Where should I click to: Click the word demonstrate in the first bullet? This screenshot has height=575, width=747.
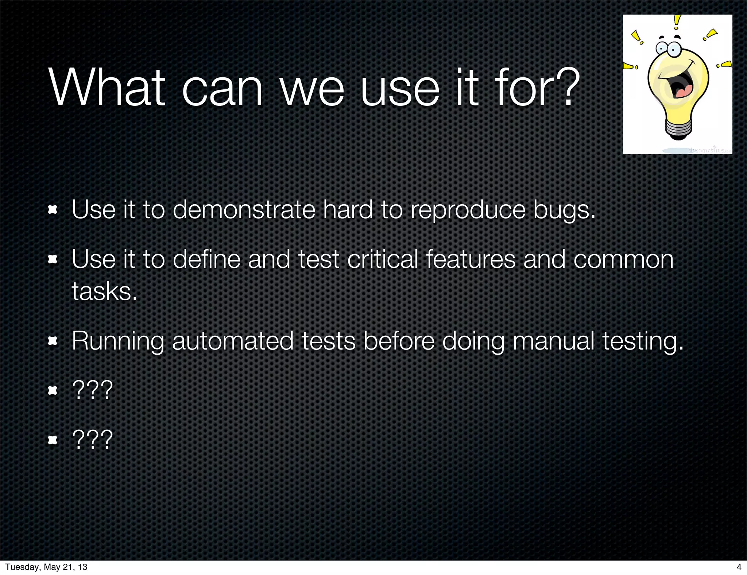244,210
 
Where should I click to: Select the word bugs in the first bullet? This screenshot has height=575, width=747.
564,211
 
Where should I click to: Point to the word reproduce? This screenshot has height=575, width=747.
468,211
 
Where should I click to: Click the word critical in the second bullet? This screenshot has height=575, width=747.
382,259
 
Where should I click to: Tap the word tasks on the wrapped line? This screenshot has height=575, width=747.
104,292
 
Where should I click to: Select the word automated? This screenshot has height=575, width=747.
233,341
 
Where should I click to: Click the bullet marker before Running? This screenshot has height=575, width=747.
53,341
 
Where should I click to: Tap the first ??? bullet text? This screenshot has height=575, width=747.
93,390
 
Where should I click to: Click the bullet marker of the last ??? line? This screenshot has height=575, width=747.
53,440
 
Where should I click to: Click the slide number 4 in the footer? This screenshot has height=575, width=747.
739,567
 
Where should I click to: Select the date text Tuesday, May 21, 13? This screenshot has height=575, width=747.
46,567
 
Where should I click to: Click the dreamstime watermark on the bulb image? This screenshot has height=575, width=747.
709,150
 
